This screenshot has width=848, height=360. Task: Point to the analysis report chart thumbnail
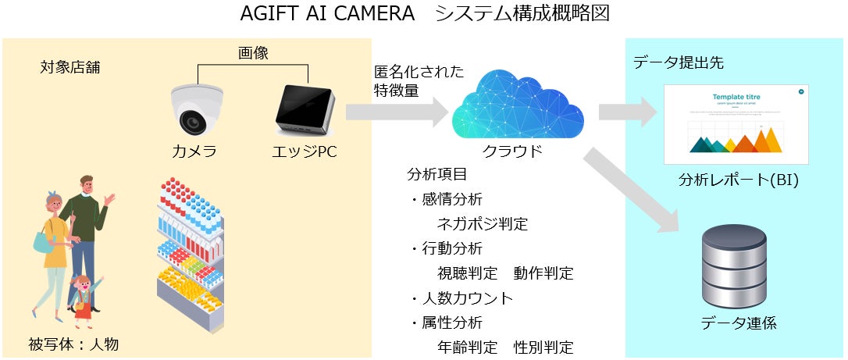coord(736,123)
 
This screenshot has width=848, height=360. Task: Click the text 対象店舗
coord(69,67)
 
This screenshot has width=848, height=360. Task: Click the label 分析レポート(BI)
coord(738,182)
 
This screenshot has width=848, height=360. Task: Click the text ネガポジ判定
coord(483,224)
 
